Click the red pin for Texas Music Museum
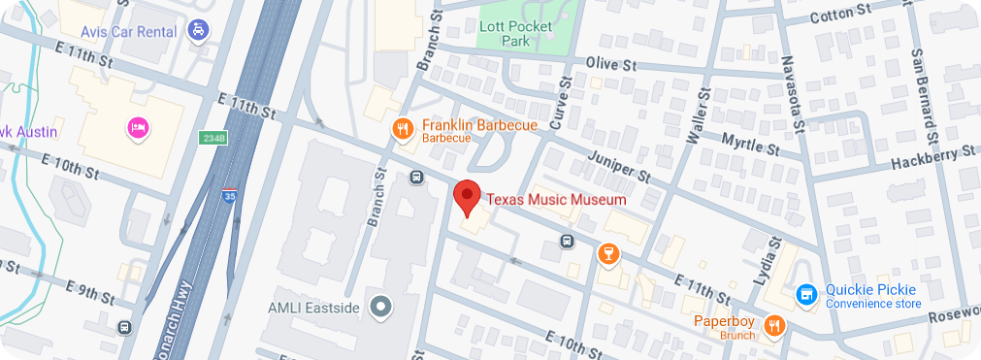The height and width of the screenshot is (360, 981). [x=468, y=197]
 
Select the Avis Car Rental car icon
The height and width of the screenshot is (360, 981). [x=199, y=29]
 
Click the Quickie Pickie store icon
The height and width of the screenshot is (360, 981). [x=804, y=293]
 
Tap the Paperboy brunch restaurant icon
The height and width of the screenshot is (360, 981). [x=773, y=325]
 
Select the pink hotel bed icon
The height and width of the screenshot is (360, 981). [x=138, y=127]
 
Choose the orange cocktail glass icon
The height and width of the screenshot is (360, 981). [x=607, y=254]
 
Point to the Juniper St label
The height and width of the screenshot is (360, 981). [x=617, y=167]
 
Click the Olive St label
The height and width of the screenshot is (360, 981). [x=610, y=64]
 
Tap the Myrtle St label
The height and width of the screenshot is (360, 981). [x=750, y=144]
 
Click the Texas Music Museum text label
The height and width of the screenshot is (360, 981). [x=556, y=199]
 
